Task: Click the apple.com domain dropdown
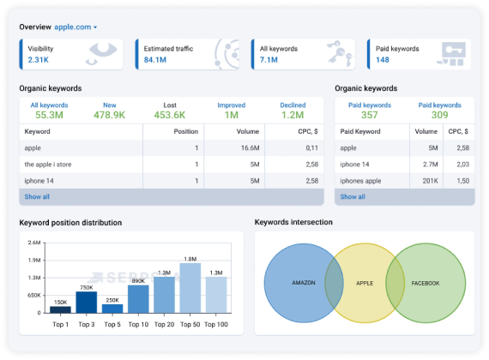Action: pos(75,27)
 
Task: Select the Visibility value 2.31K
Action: pos(38,59)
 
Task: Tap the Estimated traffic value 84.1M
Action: pos(155,59)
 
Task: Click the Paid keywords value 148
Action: pos(383,59)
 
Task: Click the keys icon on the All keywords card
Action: pos(340,53)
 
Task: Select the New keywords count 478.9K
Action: pos(109,115)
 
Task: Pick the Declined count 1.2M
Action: pos(293,115)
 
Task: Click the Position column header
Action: pos(186,131)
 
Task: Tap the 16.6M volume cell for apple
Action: pos(251,148)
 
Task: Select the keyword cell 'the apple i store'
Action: pos(48,165)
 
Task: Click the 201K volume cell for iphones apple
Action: pos(431,181)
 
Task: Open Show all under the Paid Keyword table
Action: pos(353,196)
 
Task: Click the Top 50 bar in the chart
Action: pos(190,288)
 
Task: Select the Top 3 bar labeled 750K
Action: pos(87,302)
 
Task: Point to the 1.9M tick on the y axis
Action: pos(34,261)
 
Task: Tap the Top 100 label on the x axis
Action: pos(216,325)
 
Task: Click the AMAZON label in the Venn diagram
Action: pos(304,283)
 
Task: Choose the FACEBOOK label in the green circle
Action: pos(426,284)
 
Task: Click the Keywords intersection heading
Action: pos(293,222)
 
